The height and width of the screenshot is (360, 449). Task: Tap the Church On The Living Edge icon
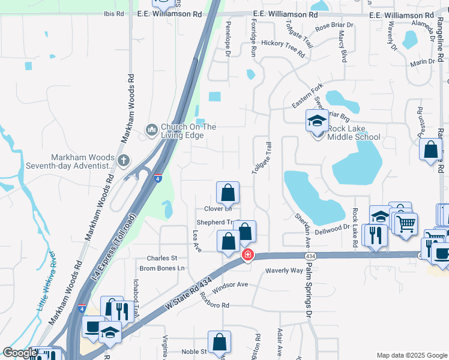[151, 129]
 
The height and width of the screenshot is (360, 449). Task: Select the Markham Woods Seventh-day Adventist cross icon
[124, 160]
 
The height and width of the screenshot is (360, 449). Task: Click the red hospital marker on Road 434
[247, 255]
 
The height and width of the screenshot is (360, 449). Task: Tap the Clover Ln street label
[218, 209]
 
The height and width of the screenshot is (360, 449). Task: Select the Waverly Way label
[285, 271]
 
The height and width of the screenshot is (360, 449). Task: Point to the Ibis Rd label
[113, 13]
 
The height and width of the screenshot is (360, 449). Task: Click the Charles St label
[158, 259]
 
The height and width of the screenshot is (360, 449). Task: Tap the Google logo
[20, 352]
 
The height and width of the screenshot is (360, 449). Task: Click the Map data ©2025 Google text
[411, 355]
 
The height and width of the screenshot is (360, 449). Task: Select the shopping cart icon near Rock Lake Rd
[406, 224]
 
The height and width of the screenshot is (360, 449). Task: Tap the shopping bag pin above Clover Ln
[228, 193]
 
